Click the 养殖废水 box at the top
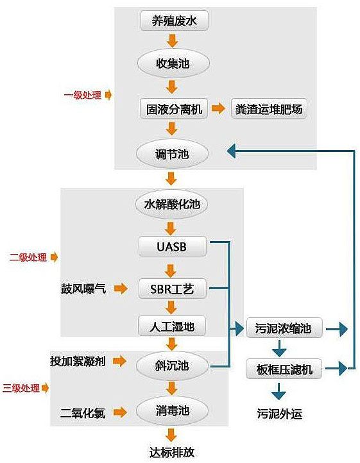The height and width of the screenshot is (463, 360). tap(175, 21)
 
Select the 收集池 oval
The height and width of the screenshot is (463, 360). tap(173, 63)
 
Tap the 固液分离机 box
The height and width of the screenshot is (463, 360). tap(174, 108)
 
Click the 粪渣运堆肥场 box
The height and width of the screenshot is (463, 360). tap(269, 108)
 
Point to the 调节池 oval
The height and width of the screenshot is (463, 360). tap(172, 153)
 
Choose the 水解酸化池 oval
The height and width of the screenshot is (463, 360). tap(172, 205)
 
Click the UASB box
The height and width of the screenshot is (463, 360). tap(173, 246)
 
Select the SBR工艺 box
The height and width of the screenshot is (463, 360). tap(173, 289)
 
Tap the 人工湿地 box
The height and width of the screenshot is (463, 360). tap(172, 326)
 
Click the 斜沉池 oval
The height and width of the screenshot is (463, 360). tap(172, 366)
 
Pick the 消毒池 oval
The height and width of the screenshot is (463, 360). tap(172, 411)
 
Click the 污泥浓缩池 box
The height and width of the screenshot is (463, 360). tap(284, 328)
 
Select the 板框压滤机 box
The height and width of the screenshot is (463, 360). tap(284, 369)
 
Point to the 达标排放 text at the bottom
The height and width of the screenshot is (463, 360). tap(172, 452)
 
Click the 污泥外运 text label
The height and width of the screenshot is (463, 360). tap(280, 414)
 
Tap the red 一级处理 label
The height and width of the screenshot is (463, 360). tap(83, 95)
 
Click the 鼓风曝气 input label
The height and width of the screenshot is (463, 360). tap(83, 289)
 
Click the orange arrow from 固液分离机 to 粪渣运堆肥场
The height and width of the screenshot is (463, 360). tap(218, 108)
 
